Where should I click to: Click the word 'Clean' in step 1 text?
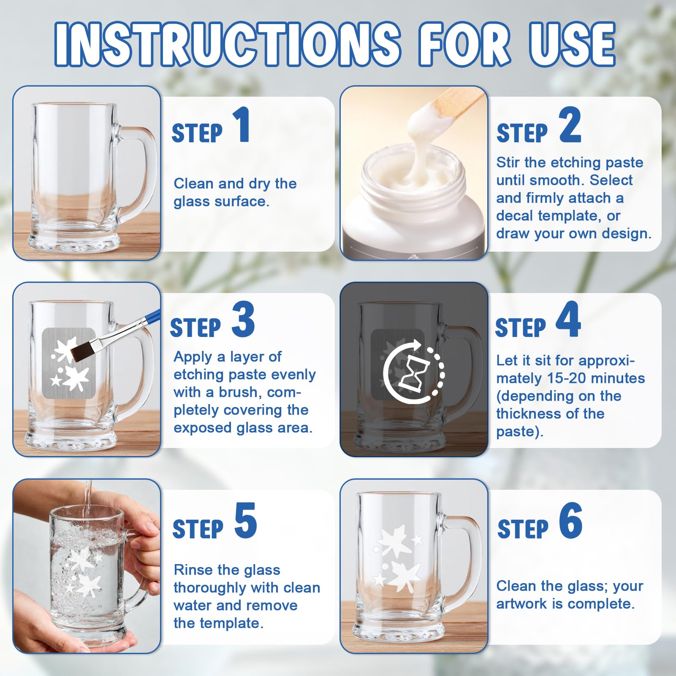click(194, 184)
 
